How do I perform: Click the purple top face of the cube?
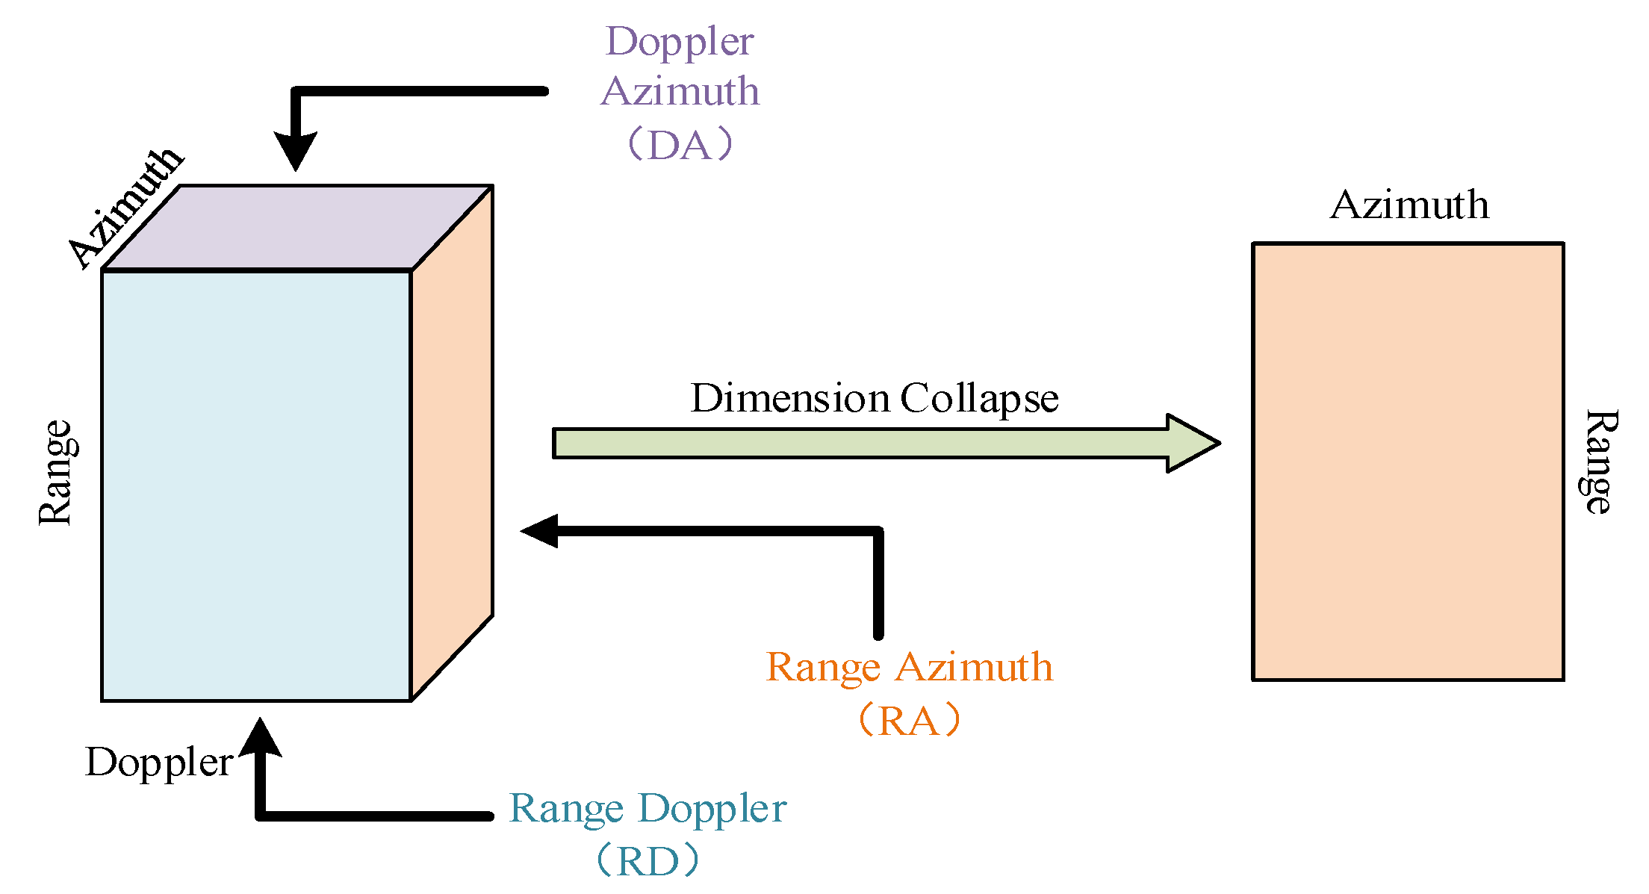(x=297, y=227)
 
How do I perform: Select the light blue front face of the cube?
(x=256, y=485)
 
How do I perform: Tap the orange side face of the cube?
(x=452, y=441)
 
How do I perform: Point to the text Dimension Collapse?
(x=874, y=397)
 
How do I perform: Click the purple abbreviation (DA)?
(x=680, y=145)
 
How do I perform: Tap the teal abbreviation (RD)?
(x=648, y=861)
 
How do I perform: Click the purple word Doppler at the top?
(x=680, y=42)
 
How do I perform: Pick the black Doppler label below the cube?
(x=159, y=763)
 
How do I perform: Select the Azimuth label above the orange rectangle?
(x=1409, y=205)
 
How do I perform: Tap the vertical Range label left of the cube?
(x=56, y=472)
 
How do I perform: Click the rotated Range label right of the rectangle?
(x=1599, y=462)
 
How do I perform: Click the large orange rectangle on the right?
(x=1408, y=462)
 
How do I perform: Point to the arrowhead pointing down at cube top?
(x=296, y=152)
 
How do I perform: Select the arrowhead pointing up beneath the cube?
(x=260, y=738)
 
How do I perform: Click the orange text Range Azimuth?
(x=909, y=667)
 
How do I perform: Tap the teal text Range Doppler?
(x=648, y=808)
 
